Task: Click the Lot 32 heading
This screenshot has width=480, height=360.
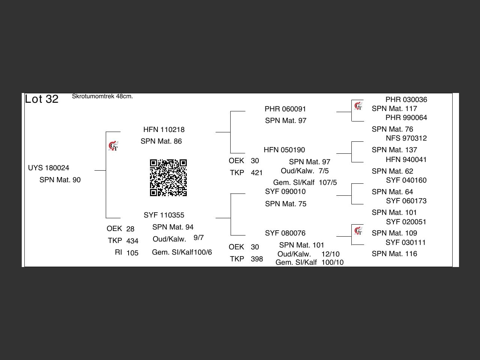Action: click(x=42, y=99)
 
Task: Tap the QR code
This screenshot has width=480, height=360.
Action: click(x=168, y=178)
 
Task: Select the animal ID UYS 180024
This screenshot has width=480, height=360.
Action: click(x=49, y=168)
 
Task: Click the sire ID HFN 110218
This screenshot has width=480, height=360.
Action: click(x=164, y=130)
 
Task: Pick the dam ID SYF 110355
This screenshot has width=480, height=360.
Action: click(x=164, y=215)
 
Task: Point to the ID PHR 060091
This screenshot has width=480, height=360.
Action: click(x=285, y=109)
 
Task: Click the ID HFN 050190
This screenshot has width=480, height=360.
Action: click(x=284, y=150)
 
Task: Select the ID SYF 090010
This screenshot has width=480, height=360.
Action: click(x=285, y=192)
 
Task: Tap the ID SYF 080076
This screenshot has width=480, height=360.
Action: click(x=285, y=233)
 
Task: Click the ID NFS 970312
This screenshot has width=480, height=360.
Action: click(x=406, y=138)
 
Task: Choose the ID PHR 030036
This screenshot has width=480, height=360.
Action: click(x=406, y=100)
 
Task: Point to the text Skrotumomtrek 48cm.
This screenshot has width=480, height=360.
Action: click(x=102, y=96)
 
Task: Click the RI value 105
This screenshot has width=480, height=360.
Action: click(x=132, y=253)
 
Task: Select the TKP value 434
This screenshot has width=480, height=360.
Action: click(x=132, y=241)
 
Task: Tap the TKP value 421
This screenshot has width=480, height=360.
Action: click(x=257, y=173)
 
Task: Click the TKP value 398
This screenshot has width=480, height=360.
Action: click(x=257, y=259)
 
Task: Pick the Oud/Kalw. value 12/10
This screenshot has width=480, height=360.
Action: click(x=330, y=254)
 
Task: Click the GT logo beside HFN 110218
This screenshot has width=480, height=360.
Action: click(x=113, y=146)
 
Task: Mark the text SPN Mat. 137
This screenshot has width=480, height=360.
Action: click(x=394, y=150)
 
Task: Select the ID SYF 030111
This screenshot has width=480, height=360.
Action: click(x=406, y=243)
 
